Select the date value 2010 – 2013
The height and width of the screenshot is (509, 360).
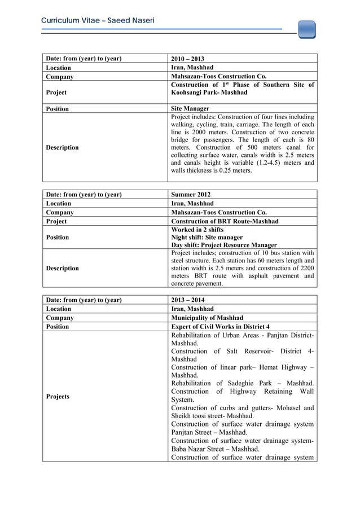[x=187, y=59]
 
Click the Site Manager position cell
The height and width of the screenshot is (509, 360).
[x=190, y=108]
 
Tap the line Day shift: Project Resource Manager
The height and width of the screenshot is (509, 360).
[x=223, y=245]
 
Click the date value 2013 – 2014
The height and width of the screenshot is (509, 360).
[x=187, y=300]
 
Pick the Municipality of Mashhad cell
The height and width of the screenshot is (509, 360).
[x=208, y=318]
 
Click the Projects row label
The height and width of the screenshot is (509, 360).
[x=59, y=396]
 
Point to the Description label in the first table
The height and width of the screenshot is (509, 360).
[x=63, y=147]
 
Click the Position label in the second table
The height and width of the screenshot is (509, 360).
[x=58, y=238]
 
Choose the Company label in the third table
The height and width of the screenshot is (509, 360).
[x=59, y=318]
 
